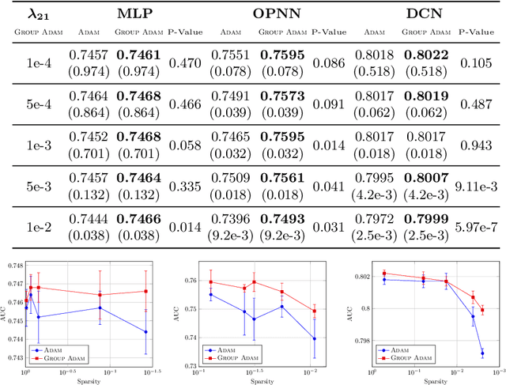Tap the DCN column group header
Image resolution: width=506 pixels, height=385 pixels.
[x=427, y=14]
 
